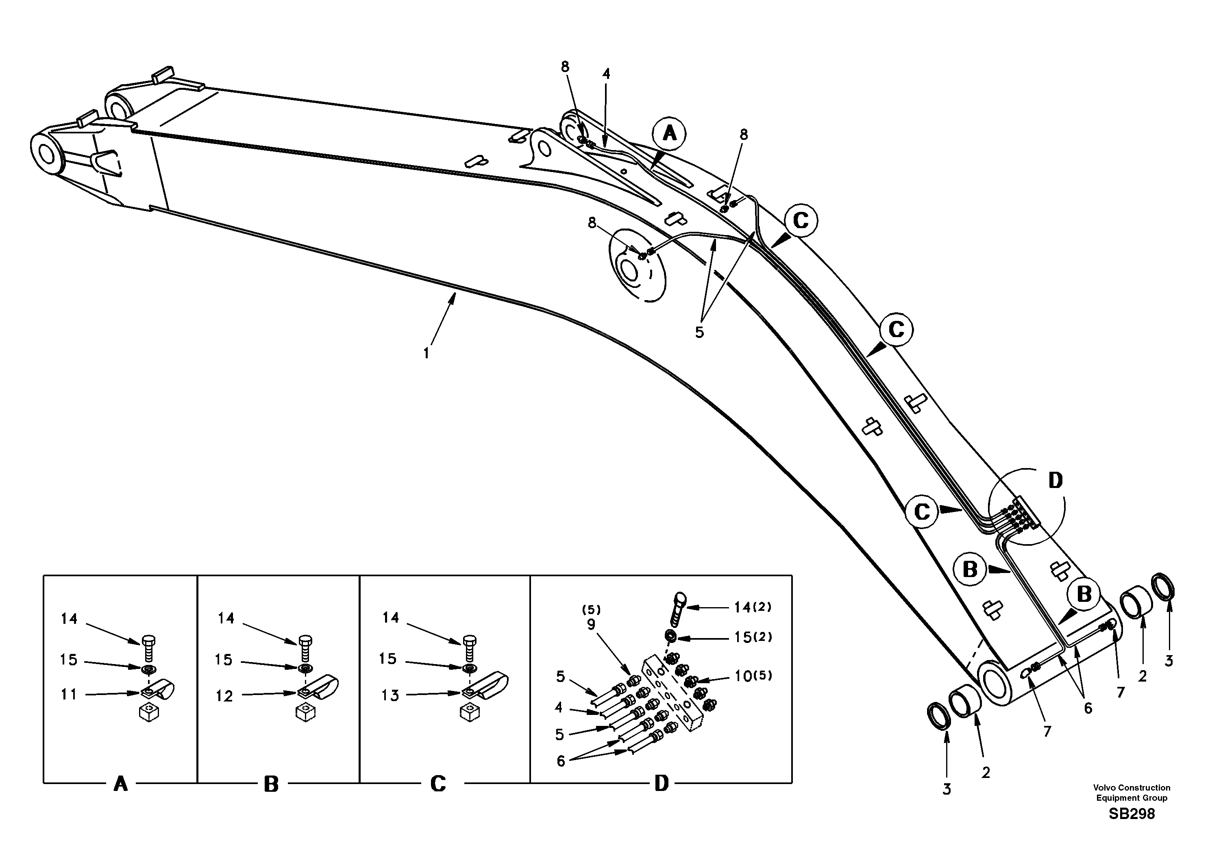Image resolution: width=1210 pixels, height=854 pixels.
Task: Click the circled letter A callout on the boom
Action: point(669,134)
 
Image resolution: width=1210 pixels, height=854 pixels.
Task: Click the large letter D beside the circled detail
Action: point(1055,480)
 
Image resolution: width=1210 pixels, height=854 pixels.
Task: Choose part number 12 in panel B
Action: point(224,696)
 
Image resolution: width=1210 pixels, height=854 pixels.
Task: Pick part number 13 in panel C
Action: point(390,695)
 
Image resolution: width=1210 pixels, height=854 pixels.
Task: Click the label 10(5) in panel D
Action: point(753,676)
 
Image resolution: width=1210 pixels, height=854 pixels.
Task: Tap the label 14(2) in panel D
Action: point(753,607)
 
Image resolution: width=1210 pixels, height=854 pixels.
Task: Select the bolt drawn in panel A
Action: point(148,649)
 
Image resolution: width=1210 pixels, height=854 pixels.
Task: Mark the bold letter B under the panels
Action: point(271,784)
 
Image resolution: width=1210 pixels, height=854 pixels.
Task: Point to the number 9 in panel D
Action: point(591,624)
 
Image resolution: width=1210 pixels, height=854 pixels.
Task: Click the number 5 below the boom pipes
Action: point(699,333)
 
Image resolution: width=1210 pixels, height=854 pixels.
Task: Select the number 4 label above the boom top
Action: point(606,74)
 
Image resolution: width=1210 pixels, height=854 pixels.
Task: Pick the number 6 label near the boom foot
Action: point(1088,708)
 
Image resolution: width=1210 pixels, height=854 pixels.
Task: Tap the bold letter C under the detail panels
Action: point(438,784)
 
